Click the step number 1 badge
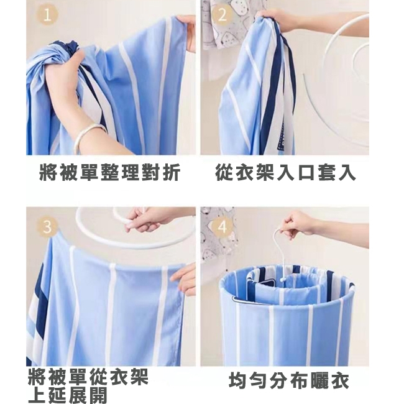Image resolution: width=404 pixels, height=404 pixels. [x=47, y=15]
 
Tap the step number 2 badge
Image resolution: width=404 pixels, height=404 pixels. [x=222, y=15]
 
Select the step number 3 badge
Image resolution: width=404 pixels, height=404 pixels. [x=48, y=226]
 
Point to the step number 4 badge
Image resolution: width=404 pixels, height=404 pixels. [x=222, y=227]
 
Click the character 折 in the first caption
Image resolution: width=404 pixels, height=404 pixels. [x=172, y=172]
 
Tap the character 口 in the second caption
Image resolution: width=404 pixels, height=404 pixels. [x=306, y=172]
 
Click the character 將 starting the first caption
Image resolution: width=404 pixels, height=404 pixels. [x=48, y=172]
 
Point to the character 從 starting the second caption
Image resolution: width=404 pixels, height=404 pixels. [x=224, y=172]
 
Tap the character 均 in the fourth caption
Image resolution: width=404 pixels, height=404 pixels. [x=237, y=380]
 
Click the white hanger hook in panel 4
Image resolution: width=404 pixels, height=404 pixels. [x=279, y=247]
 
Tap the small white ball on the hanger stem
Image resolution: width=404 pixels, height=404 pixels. [x=283, y=279]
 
